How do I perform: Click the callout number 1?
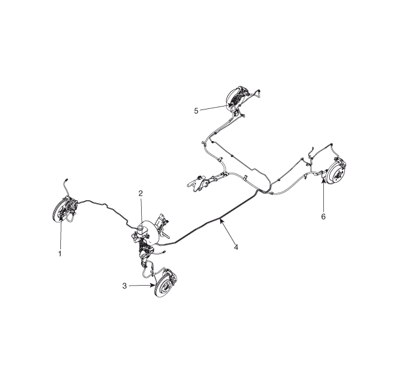(60, 253)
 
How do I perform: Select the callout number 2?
(141, 193)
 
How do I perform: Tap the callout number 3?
(124, 286)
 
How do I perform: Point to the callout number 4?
(236, 247)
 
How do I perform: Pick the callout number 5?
(196, 111)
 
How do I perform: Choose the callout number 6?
(323, 217)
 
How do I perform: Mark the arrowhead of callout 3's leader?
(153, 286)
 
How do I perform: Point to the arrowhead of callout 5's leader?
(230, 105)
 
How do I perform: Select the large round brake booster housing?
(151, 232)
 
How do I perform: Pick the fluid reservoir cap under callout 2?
(141, 226)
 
